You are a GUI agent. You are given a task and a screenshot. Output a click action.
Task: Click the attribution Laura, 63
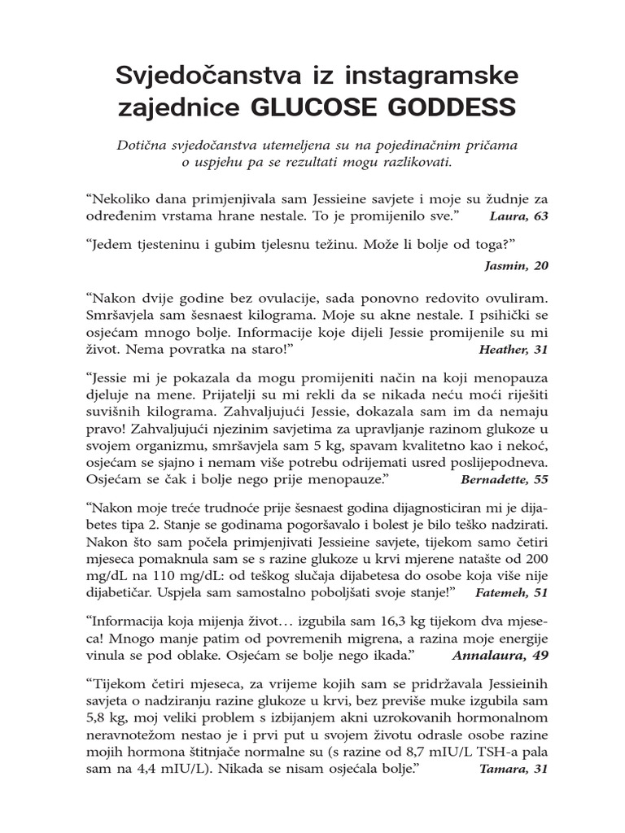tap(519, 216)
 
